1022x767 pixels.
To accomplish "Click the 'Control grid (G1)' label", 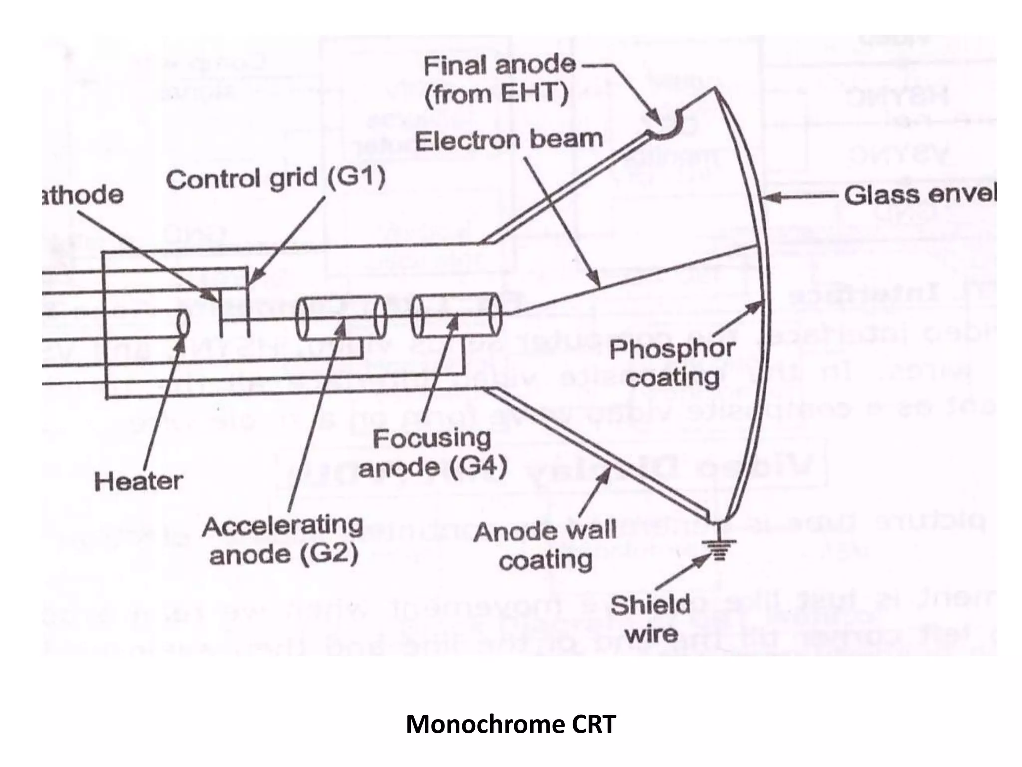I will click(x=275, y=179).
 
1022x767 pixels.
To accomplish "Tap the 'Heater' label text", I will click(x=138, y=481).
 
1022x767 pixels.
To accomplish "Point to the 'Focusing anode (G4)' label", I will click(x=433, y=453).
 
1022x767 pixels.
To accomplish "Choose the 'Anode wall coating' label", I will click(x=545, y=545).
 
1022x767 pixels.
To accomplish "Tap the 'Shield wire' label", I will click(x=650, y=619).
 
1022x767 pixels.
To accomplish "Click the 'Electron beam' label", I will click(x=509, y=140).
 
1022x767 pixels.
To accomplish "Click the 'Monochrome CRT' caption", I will click(x=511, y=724).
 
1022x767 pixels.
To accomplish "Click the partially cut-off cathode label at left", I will click(x=82, y=195).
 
